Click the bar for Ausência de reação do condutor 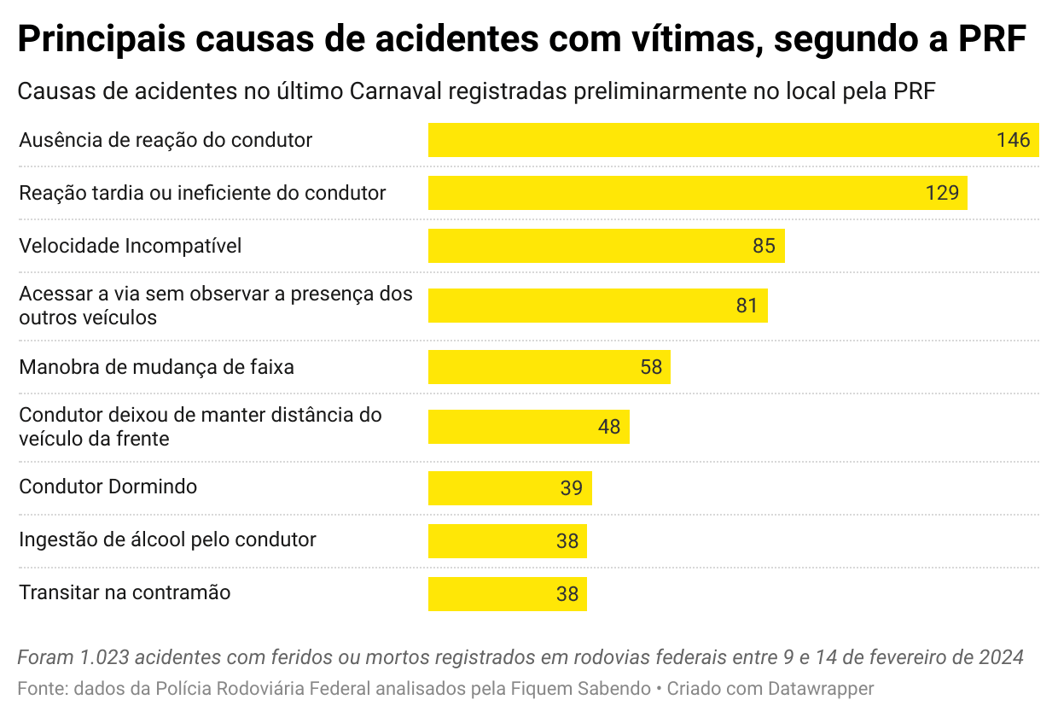click(x=708, y=140)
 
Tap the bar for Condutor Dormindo click(x=495, y=488)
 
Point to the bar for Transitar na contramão click(x=495, y=594)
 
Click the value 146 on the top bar click(x=1013, y=140)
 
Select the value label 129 click(x=942, y=193)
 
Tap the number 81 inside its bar click(x=747, y=306)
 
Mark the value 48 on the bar click(x=608, y=427)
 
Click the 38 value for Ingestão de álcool click(x=567, y=541)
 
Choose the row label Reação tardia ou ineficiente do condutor click(x=202, y=193)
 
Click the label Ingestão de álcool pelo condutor click(x=167, y=539)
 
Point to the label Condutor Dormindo click(x=108, y=487)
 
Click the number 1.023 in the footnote click(x=105, y=658)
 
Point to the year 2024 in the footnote click(x=1001, y=658)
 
